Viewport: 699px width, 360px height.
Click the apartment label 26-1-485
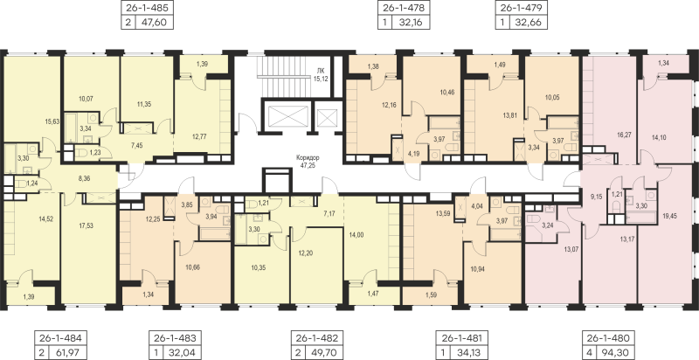click(x=147, y=8)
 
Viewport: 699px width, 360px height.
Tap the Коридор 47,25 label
click(x=308, y=161)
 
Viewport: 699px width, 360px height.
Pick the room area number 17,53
click(x=86, y=226)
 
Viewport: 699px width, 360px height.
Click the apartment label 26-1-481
click(x=460, y=336)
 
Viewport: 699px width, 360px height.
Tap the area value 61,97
click(x=66, y=352)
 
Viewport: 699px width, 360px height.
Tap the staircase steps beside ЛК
click(x=281, y=75)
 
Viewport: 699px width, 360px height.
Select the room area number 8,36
click(x=83, y=178)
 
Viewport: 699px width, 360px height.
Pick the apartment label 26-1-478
click(x=404, y=8)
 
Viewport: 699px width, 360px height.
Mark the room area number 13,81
click(x=509, y=115)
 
